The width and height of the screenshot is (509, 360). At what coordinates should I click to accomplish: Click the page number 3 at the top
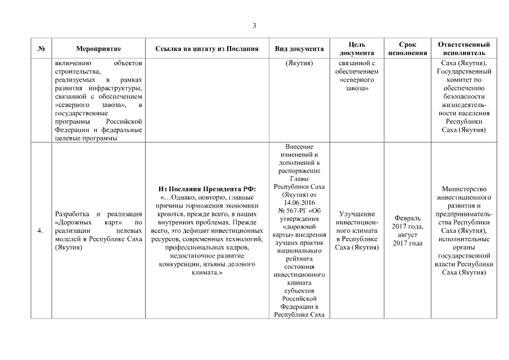coord(254,26)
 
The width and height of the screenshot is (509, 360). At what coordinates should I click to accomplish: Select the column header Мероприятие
coord(98,49)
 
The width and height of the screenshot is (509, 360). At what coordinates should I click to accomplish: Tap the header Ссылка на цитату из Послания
coord(208,49)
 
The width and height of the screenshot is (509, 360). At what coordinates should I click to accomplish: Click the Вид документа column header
coord(299,49)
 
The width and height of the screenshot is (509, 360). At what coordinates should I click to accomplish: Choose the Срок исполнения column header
coord(407,48)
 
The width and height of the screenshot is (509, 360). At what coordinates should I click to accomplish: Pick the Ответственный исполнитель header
coord(463,48)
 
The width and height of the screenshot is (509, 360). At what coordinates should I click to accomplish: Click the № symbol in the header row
coord(41,49)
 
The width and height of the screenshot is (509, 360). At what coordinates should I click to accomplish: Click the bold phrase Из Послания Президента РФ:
coord(208,188)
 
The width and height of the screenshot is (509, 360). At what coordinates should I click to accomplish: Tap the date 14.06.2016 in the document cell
coord(299,201)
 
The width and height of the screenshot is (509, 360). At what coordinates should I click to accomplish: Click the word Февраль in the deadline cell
coord(407,218)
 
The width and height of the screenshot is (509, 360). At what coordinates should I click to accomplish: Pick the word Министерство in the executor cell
coord(464,188)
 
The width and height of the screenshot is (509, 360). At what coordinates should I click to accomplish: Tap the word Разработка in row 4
coord(72,214)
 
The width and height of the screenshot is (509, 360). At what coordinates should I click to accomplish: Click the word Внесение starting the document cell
coord(299,146)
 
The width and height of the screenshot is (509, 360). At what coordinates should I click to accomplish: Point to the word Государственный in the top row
coord(464,71)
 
